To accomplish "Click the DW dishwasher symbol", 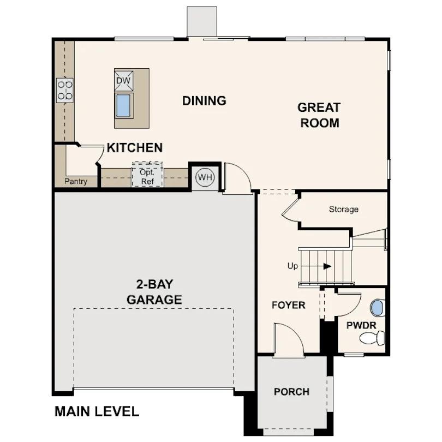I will tap(123, 81).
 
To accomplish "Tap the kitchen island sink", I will tap(123, 105).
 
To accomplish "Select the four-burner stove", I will tap(65, 90).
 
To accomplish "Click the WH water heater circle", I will tap(205, 177).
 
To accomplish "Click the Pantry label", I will tap(75, 181).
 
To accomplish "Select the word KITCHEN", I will tap(134, 147).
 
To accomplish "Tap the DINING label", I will tap(204, 100).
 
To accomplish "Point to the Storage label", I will tap(343, 209).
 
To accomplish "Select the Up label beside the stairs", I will tap(292, 266).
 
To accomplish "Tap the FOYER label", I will tap(288, 305).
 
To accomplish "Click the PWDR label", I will tap(360, 325).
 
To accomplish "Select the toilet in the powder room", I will tap(372, 338).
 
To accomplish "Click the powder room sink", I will tap(377, 308).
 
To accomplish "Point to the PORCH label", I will tap(291, 392).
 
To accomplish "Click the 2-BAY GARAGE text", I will tap(154, 292).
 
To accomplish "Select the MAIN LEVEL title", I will tap(97, 411).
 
